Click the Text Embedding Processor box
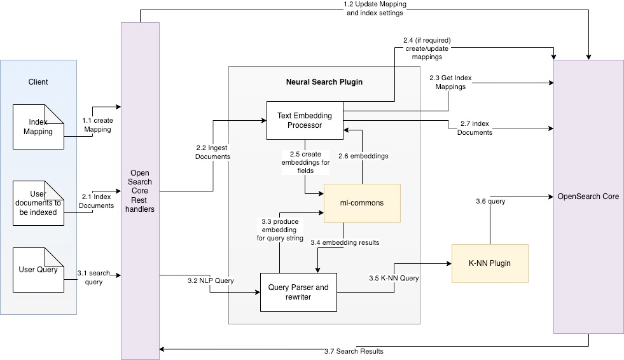tap(305, 121)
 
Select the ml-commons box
tap(362, 203)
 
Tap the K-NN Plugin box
tap(490, 263)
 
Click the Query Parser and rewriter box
tap(298, 292)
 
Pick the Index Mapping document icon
tap(38, 127)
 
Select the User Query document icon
tap(38, 270)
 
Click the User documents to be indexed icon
tap(38, 204)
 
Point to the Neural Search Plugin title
tap(324, 82)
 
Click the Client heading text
tap(38, 82)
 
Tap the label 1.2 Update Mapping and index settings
tap(375, 8)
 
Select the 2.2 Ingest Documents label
tap(212, 152)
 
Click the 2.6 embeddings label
tap(363, 156)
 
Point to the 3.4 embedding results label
tap(345, 242)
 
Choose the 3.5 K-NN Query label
tap(394, 278)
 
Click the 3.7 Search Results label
tap(354, 351)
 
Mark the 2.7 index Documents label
tap(475, 128)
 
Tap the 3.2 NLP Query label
tap(211, 280)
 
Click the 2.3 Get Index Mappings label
tap(450, 82)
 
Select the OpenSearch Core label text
tap(588, 197)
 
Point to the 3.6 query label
tap(490, 201)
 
